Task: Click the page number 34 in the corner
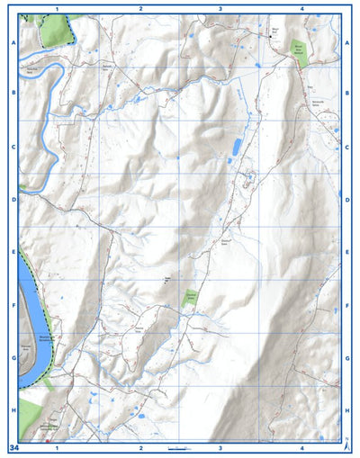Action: point(13,447)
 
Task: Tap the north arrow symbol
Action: point(347,444)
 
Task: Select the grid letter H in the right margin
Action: point(347,409)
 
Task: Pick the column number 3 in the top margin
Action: point(220,7)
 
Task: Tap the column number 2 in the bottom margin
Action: point(140,447)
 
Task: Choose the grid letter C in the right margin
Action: point(347,147)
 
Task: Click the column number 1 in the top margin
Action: point(57,7)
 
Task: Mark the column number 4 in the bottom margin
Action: point(301,447)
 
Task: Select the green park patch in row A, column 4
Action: point(299,53)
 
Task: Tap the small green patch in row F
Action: point(190,299)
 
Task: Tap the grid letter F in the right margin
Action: point(347,306)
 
